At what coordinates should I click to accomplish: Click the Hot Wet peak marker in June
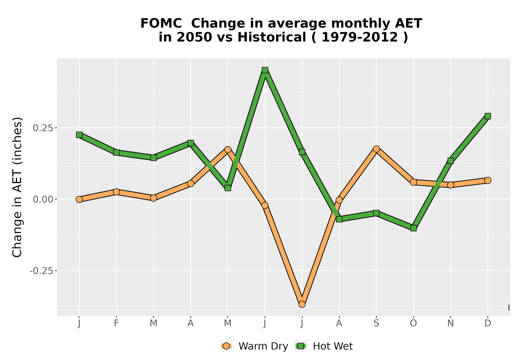click(x=265, y=70)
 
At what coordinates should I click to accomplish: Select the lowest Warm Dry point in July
click(x=302, y=304)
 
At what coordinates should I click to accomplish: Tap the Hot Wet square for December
click(x=487, y=116)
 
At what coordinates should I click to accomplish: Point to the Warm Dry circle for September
click(x=376, y=149)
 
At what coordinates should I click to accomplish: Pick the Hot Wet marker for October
click(x=413, y=228)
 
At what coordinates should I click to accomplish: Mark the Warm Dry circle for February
click(x=116, y=192)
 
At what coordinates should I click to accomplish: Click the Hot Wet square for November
click(x=450, y=160)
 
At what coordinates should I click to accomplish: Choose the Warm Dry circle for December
click(x=487, y=181)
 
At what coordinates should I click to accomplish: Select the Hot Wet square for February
click(x=116, y=152)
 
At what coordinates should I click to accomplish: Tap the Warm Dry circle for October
click(x=413, y=182)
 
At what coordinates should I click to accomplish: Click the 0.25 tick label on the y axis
click(x=43, y=128)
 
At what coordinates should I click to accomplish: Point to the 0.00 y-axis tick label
click(x=43, y=200)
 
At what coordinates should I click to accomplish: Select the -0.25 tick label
click(x=41, y=271)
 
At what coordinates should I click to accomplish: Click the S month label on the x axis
click(x=376, y=323)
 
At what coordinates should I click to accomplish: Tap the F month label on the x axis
click(x=116, y=323)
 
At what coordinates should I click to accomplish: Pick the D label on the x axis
click(x=487, y=323)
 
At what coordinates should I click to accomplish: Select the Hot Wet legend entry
click(x=324, y=346)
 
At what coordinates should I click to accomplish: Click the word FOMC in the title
click(x=161, y=24)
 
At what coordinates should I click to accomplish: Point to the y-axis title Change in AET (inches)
click(x=17, y=187)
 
